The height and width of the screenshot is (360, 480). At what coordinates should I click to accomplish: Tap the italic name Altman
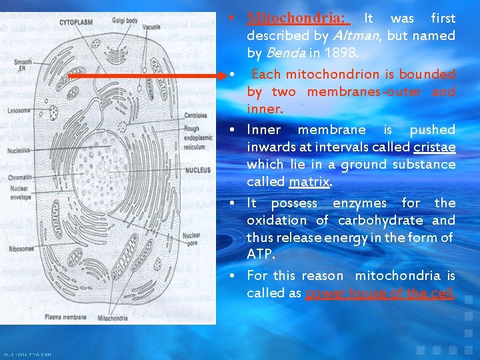347,35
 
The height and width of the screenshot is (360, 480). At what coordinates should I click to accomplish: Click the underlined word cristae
434,147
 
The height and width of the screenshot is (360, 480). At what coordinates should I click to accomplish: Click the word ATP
261,255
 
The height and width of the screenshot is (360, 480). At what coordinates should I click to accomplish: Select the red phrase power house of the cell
380,293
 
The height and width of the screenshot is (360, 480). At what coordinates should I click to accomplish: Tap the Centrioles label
195,115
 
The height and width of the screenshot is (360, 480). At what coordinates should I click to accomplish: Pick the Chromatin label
19,177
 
